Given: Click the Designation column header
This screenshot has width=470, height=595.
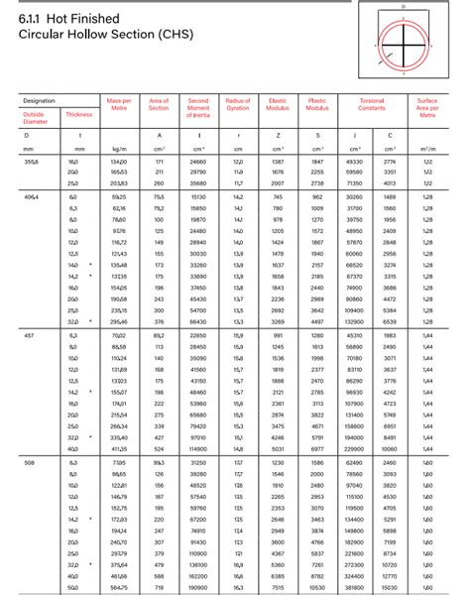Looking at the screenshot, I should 39,100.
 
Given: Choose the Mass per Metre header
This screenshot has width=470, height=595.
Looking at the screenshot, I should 119,104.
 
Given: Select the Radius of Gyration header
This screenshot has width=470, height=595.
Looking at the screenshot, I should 238,104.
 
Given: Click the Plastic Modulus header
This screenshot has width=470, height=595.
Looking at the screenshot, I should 318,104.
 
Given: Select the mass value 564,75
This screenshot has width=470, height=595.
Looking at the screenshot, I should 119,586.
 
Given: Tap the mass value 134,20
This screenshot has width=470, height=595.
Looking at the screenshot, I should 119,161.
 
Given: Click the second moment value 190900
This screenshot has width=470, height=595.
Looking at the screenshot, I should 198,586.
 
